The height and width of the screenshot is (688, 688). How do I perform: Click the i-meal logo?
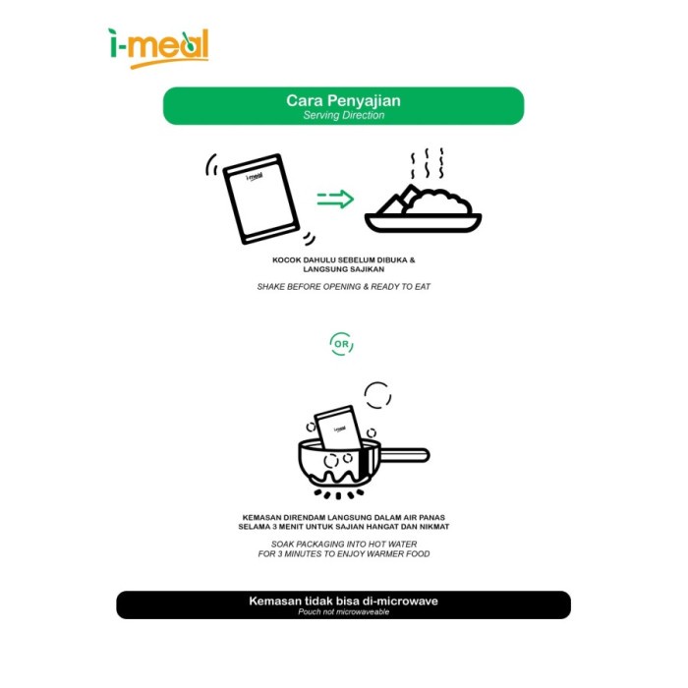[157, 46]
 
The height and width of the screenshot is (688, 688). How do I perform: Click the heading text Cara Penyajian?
[343, 100]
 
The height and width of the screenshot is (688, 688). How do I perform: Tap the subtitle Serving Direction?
[343, 115]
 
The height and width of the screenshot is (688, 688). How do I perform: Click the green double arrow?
[335, 201]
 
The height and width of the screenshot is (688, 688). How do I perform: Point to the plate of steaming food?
[423, 208]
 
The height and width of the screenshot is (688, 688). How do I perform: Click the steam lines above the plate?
[427, 164]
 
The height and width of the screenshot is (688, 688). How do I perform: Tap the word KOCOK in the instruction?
[287, 260]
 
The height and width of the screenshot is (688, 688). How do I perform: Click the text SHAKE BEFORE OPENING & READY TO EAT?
[343, 286]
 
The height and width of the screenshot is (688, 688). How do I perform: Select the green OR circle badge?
[341, 344]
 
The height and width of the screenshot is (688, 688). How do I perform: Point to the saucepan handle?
[405, 455]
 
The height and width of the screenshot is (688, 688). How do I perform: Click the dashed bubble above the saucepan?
[377, 395]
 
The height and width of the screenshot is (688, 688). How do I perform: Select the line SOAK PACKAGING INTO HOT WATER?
[343, 543]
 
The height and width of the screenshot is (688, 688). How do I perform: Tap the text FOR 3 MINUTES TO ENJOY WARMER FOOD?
[343, 553]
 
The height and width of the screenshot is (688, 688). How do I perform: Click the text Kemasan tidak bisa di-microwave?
[343, 601]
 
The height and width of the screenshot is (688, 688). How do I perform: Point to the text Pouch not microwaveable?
[343, 611]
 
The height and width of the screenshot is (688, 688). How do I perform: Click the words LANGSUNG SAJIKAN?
[343, 268]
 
